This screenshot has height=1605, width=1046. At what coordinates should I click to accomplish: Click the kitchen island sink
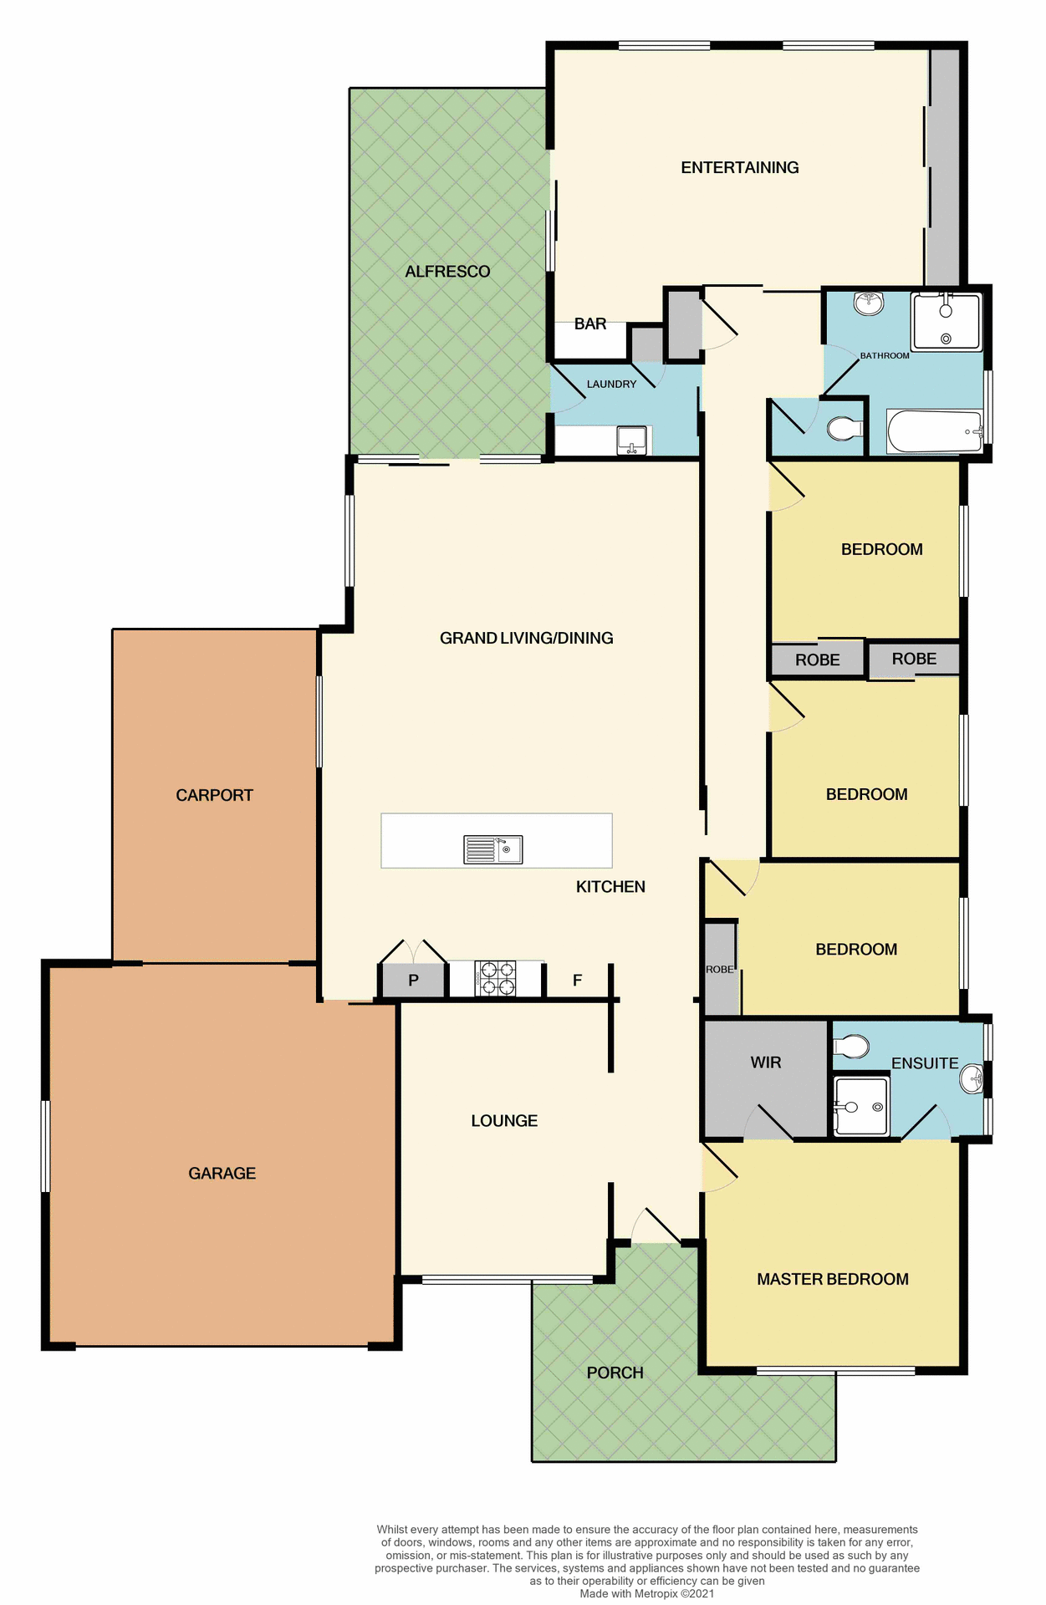pyautogui.click(x=493, y=849)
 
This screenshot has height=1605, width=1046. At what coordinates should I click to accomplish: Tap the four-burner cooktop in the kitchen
pyautogui.click(x=496, y=979)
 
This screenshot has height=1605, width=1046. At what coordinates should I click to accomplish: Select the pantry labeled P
pyautogui.click(x=413, y=981)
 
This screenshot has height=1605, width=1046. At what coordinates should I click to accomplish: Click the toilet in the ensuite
pyautogui.click(x=852, y=1046)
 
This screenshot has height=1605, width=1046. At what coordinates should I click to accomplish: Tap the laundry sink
pyautogui.click(x=632, y=441)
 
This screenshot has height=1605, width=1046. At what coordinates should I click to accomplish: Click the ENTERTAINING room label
pyautogui.click(x=739, y=168)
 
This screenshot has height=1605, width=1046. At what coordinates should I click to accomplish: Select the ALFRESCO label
pyautogui.click(x=447, y=272)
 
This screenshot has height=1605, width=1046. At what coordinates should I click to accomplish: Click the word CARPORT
pyautogui.click(x=214, y=795)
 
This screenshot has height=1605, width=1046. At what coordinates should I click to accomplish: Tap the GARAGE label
pyautogui.click(x=222, y=1173)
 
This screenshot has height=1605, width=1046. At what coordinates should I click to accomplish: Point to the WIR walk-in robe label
pyautogui.click(x=765, y=1062)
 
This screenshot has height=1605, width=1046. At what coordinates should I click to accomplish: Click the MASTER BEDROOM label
pyautogui.click(x=832, y=1279)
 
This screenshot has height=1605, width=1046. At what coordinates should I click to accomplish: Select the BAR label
pyautogui.click(x=589, y=324)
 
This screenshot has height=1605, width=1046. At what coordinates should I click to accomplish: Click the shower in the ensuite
pyautogui.click(x=861, y=1106)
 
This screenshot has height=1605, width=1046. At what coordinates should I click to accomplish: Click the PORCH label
pyautogui.click(x=615, y=1373)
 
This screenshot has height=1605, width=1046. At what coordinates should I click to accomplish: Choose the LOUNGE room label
pyautogui.click(x=504, y=1121)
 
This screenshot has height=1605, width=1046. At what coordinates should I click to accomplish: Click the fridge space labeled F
pyautogui.click(x=577, y=981)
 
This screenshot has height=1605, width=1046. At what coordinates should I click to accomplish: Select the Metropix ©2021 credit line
pyautogui.click(x=647, y=1593)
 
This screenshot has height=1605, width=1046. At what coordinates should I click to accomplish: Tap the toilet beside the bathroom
pyautogui.click(x=844, y=429)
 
